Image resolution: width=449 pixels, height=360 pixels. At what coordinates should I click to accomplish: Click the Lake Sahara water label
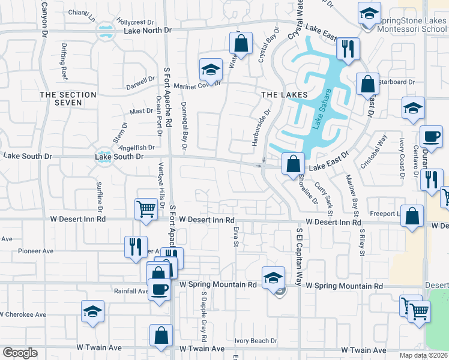coord(321,109)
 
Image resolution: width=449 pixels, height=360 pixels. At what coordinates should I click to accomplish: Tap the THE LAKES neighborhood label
coord(284,95)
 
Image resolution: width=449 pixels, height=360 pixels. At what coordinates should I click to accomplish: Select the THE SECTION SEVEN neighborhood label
coord(68,99)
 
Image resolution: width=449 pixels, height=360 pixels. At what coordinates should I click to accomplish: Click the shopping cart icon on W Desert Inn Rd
coord(146,208)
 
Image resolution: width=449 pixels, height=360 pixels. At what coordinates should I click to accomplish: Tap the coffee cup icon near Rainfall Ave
coord(159,289)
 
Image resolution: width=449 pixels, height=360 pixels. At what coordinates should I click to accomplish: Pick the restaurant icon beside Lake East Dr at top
coord(348,48)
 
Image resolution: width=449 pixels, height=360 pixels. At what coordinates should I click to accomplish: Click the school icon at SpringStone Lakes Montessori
coord(369,12)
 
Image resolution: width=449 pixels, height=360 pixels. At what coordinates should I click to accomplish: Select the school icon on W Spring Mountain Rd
coord(273,277)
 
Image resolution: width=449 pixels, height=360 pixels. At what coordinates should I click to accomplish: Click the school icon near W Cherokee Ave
coord(92,311)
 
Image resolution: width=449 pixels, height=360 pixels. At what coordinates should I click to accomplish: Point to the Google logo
coord(20,352)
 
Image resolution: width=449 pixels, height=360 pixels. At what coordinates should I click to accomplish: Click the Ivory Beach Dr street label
coord(255,340)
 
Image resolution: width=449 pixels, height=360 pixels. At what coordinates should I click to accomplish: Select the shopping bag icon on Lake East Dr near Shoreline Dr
coord(292,163)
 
